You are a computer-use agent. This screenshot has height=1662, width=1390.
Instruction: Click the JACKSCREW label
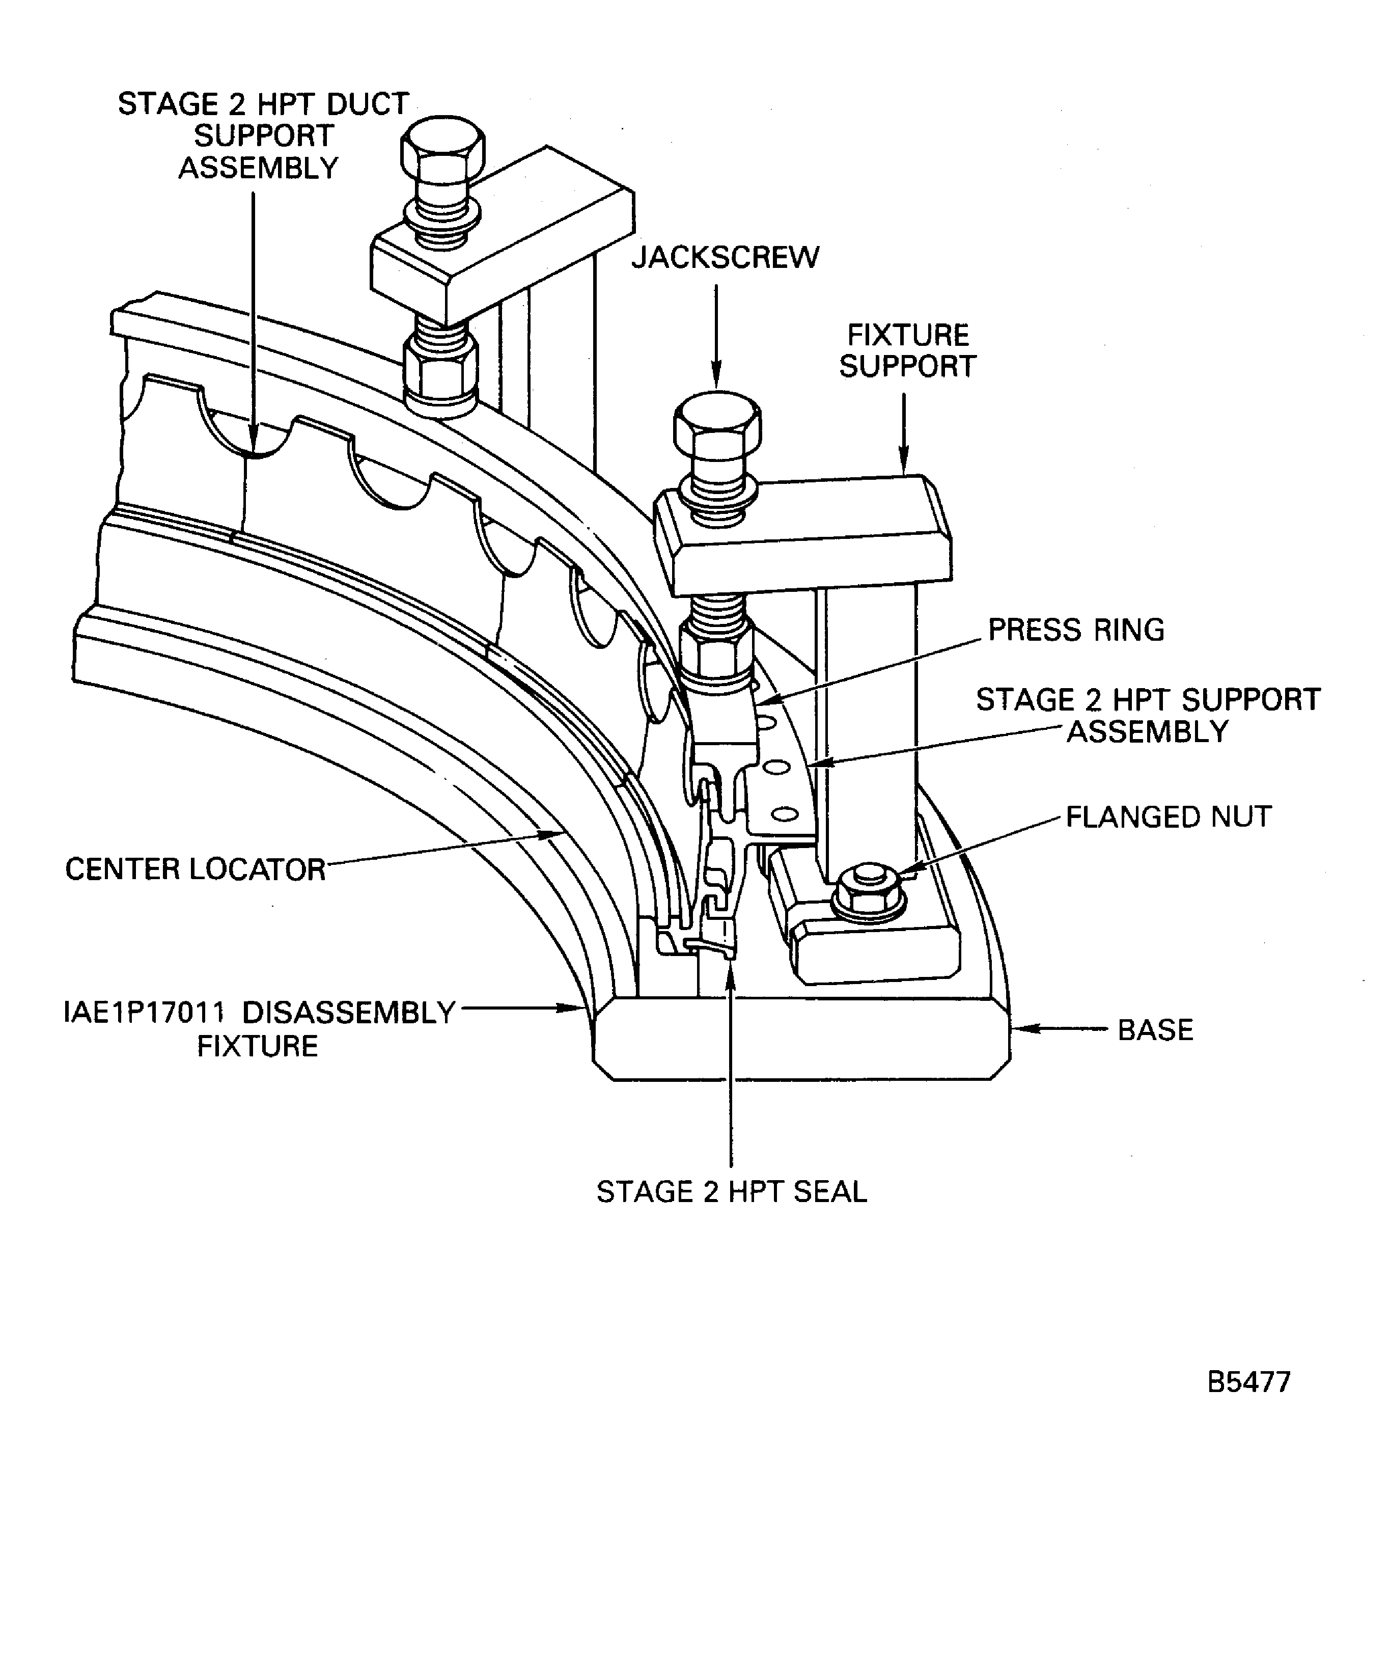tap(725, 258)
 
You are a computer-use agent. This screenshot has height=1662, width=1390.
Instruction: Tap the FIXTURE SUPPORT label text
tap(907, 350)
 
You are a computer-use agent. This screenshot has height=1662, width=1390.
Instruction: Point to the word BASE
tap(1155, 1030)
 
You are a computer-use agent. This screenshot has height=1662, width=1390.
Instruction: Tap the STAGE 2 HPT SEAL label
tap(731, 1192)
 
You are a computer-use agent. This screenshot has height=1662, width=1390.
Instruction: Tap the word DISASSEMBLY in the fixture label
tap(348, 1012)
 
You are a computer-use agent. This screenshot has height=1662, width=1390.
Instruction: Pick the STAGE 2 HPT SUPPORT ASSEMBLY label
tap(1147, 716)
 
